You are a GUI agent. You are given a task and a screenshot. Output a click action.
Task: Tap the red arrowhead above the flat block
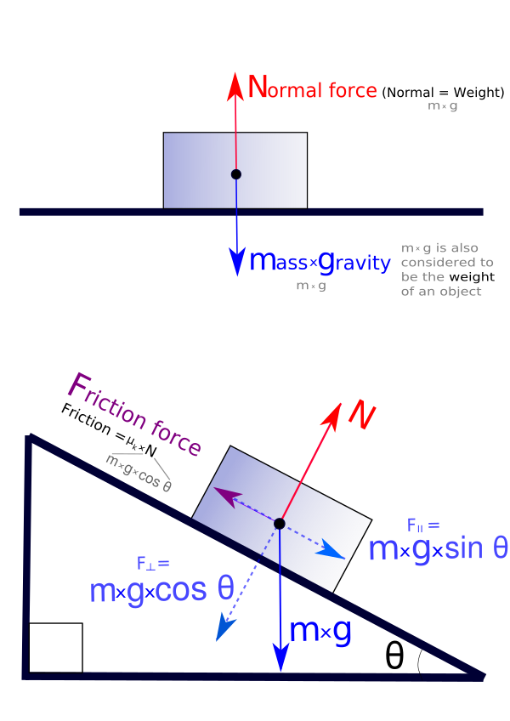click(x=235, y=82)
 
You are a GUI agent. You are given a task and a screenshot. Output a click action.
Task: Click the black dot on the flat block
click(x=236, y=174)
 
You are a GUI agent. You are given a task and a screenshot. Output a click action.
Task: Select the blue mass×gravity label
click(x=320, y=261)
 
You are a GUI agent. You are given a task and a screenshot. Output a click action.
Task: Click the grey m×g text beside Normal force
click(x=442, y=106)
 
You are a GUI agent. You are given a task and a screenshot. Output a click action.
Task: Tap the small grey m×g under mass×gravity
click(x=310, y=287)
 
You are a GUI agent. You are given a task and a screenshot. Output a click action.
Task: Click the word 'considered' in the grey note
click(x=433, y=263)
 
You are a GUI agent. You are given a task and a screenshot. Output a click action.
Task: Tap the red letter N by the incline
click(x=361, y=416)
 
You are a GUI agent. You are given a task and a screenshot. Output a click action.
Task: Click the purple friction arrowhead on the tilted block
click(x=219, y=493)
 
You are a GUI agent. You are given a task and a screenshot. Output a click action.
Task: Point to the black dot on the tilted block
click(x=280, y=523)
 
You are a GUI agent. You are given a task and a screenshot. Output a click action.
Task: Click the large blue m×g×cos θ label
click(x=161, y=589)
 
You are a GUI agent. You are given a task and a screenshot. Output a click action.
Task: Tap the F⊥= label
click(x=153, y=563)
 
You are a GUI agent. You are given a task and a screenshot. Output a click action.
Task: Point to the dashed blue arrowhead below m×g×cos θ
click(x=224, y=628)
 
